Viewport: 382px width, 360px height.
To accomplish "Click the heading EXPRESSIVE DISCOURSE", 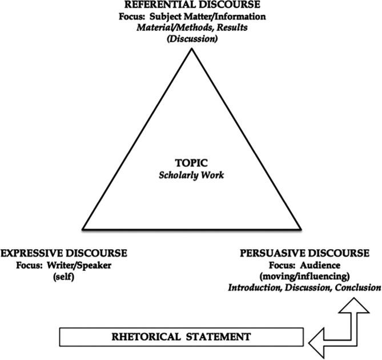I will (x=64, y=253).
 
